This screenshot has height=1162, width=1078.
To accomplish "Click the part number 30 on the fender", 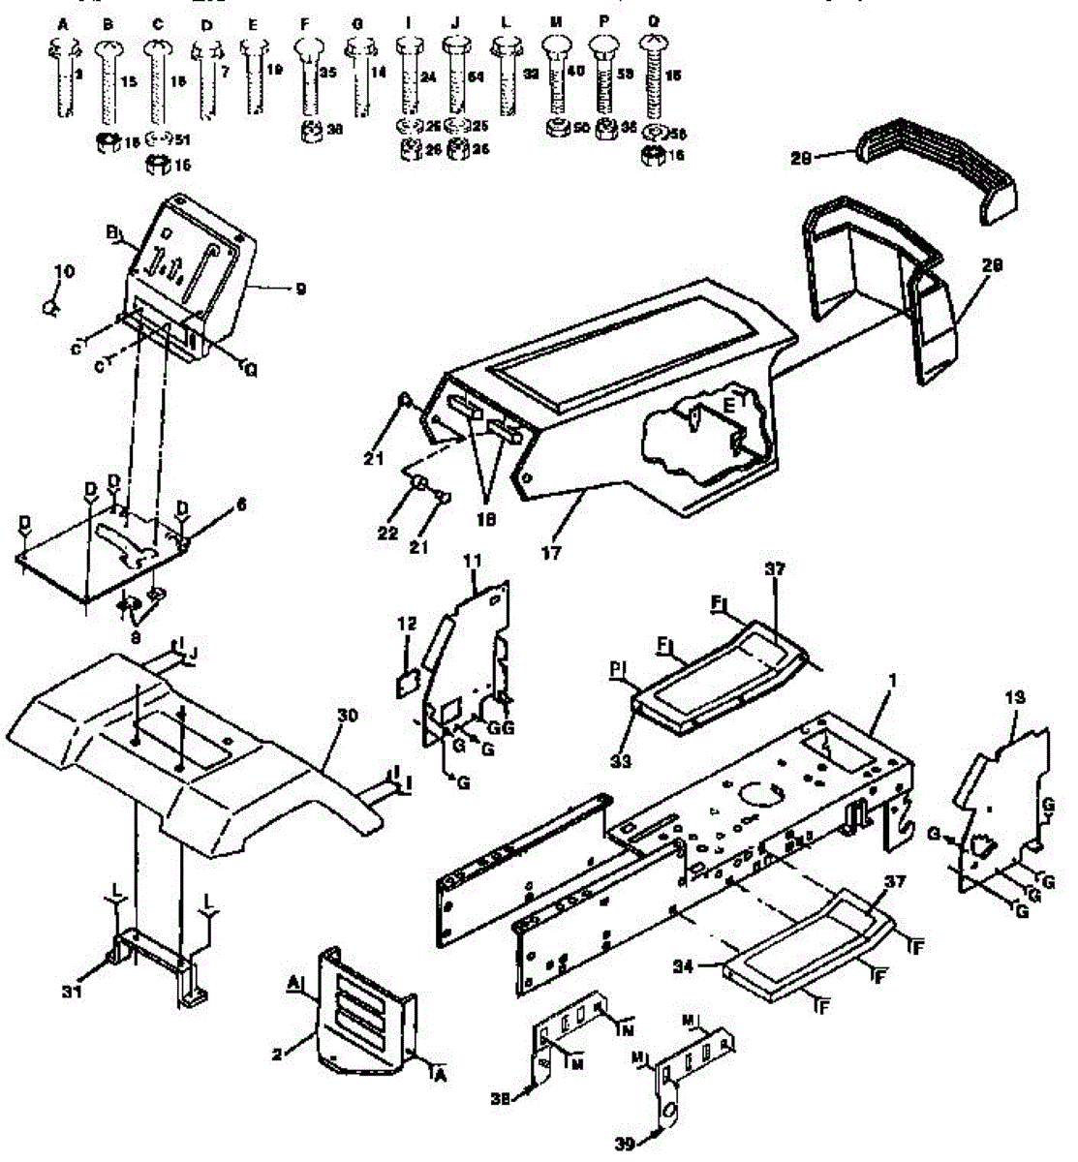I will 348,715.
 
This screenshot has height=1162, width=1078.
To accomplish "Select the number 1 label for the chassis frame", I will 892,681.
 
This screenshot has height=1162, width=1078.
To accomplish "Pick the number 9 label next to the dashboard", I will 301,289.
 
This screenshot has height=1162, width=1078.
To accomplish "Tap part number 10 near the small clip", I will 64,272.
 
